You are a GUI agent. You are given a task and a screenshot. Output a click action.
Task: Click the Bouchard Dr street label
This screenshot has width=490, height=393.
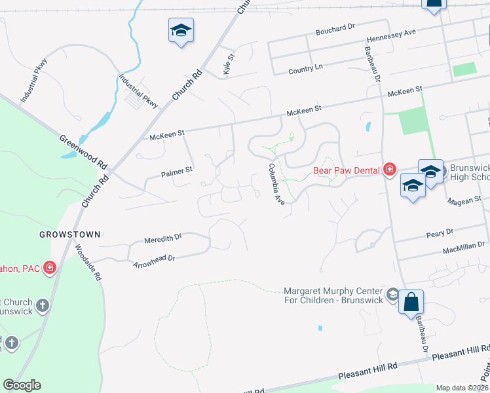pyautogui.click(x=334, y=28)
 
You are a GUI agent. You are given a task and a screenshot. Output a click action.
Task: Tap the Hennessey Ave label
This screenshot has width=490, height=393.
pyautogui.click(x=392, y=31)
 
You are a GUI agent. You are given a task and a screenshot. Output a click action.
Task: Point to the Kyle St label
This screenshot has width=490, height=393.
pyautogui.click(x=229, y=64)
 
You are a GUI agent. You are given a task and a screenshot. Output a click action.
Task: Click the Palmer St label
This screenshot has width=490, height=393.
pyautogui.click(x=176, y=172)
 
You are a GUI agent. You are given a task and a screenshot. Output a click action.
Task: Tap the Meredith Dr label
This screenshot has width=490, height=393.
pyautogui.click(x=162, y=238)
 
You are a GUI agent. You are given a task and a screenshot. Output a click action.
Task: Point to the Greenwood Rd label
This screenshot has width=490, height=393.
pyautogui.click(x=83, y=151)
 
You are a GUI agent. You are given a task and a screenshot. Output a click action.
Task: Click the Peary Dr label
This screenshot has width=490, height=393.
pyautogui.click(x=440, y=233)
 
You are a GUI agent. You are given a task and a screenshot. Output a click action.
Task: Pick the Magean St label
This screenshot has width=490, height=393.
pyautogui.click(x=464, y=199)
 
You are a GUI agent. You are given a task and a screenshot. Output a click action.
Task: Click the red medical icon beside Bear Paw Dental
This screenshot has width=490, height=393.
pyautogui.click(x=390, y=170)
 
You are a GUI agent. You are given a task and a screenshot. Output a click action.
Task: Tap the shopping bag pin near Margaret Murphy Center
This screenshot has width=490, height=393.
pyautogui.click(x=411, y=303)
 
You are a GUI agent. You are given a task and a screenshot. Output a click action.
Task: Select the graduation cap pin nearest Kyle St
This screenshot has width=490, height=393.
pyautogui.click(x=181, y=30)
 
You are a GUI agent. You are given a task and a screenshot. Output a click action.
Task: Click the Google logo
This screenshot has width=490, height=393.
pyautogui.click(x=22, y=385)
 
